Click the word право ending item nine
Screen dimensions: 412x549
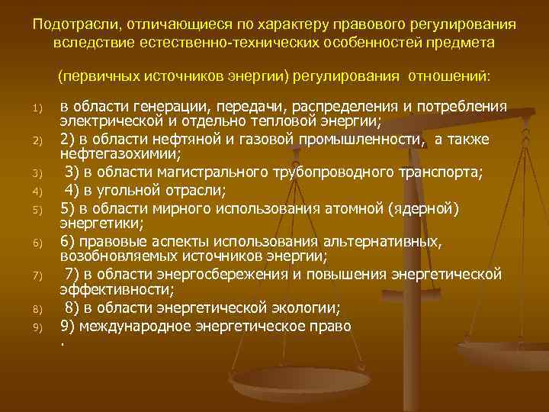click(329, 325)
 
